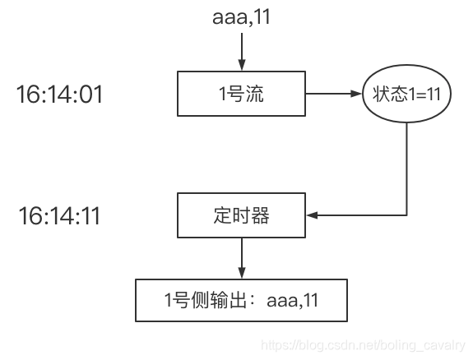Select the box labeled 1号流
[x=240, y=94]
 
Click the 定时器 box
[x=240, y=216]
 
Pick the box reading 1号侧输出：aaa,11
[x=240, y=300]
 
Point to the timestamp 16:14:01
[x=59, y=95]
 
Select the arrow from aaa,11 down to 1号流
[x=240, y=51]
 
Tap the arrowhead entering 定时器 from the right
[x=310, y=216]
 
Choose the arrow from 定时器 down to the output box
[x=240, y=257]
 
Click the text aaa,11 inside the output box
[x=292, y=300]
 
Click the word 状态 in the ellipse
[x=383, y=94]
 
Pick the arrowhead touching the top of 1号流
[x=240, y=67]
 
